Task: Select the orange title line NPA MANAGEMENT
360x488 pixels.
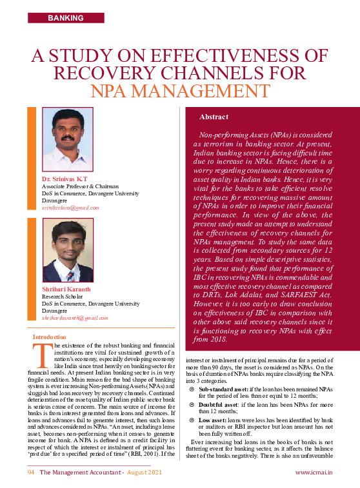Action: [179, 91]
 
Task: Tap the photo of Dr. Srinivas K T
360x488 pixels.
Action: [67, 139]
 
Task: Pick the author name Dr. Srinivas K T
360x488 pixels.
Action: [65, 178]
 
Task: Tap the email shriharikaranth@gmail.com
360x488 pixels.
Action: [75, 318]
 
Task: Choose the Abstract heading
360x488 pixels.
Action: [214, 117]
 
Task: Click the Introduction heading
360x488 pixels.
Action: [49, 337]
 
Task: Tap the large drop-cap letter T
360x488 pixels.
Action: [42, 353]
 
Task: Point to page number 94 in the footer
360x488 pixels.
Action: [30, 473]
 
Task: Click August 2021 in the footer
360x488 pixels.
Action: [144, 473]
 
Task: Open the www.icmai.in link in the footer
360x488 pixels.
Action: [314, 473]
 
